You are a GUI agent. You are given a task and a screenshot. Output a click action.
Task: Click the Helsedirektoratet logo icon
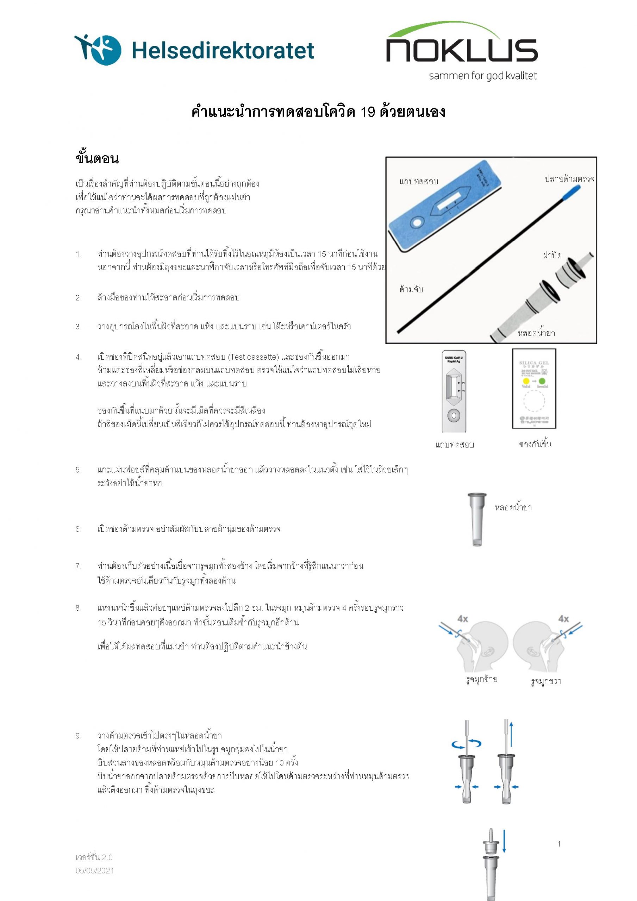(x=98, y=49)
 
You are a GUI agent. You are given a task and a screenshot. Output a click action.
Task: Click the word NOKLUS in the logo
(x=462, y=50)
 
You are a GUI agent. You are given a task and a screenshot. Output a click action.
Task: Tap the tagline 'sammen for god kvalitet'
(x=483, y=76)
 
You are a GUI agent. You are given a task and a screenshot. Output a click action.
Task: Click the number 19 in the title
(x=368, y=112)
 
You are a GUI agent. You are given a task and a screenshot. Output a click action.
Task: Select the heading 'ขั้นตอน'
(x=97, y=158)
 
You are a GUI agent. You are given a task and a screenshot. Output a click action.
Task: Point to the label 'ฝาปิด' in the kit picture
(x=552, y=256)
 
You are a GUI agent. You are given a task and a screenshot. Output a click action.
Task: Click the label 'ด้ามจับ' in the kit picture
(x=411, y=289)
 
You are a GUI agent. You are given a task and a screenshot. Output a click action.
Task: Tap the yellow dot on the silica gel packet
(x=526, y=381)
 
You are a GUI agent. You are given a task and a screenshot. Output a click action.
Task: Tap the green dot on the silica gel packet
(x=542, y=381)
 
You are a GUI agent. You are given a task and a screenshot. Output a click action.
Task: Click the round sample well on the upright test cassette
(x=454, y=415)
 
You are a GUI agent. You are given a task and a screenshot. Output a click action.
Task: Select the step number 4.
(x=78, y=357)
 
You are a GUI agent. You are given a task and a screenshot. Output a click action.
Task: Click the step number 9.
(x=78, y=736)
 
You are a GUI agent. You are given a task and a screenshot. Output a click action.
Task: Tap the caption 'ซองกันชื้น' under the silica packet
(x=535, y=445)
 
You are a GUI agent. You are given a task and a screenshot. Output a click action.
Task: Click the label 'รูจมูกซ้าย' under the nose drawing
(x=482, y=679)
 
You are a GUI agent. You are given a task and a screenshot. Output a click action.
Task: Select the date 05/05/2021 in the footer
(x=95, y=870)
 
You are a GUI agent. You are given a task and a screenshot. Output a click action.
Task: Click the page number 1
(x=559, y=844)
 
